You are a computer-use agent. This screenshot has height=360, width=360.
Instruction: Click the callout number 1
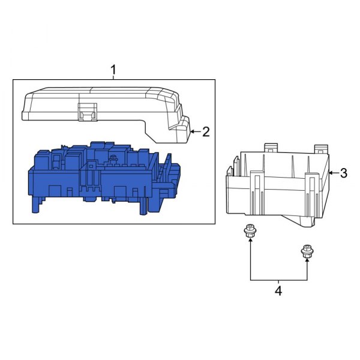click(113, 71)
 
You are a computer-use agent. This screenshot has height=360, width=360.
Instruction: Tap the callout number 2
click(206, 131)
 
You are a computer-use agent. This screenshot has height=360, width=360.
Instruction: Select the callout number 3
click(343, 173)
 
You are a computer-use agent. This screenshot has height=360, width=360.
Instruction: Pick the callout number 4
click(278, 291)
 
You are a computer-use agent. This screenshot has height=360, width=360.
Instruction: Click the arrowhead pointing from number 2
click(191, 131)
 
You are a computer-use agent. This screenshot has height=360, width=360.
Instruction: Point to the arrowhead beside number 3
click(329, 173)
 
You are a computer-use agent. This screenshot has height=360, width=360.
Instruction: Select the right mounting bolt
click(307, 254)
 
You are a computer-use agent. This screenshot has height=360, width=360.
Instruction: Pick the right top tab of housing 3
click(321, 148)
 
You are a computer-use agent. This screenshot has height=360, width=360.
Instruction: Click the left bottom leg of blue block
click(36, 206)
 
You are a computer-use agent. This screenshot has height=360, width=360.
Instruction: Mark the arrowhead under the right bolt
click(307, 265)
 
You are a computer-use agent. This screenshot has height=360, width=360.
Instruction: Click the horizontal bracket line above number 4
click(278, 280)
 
